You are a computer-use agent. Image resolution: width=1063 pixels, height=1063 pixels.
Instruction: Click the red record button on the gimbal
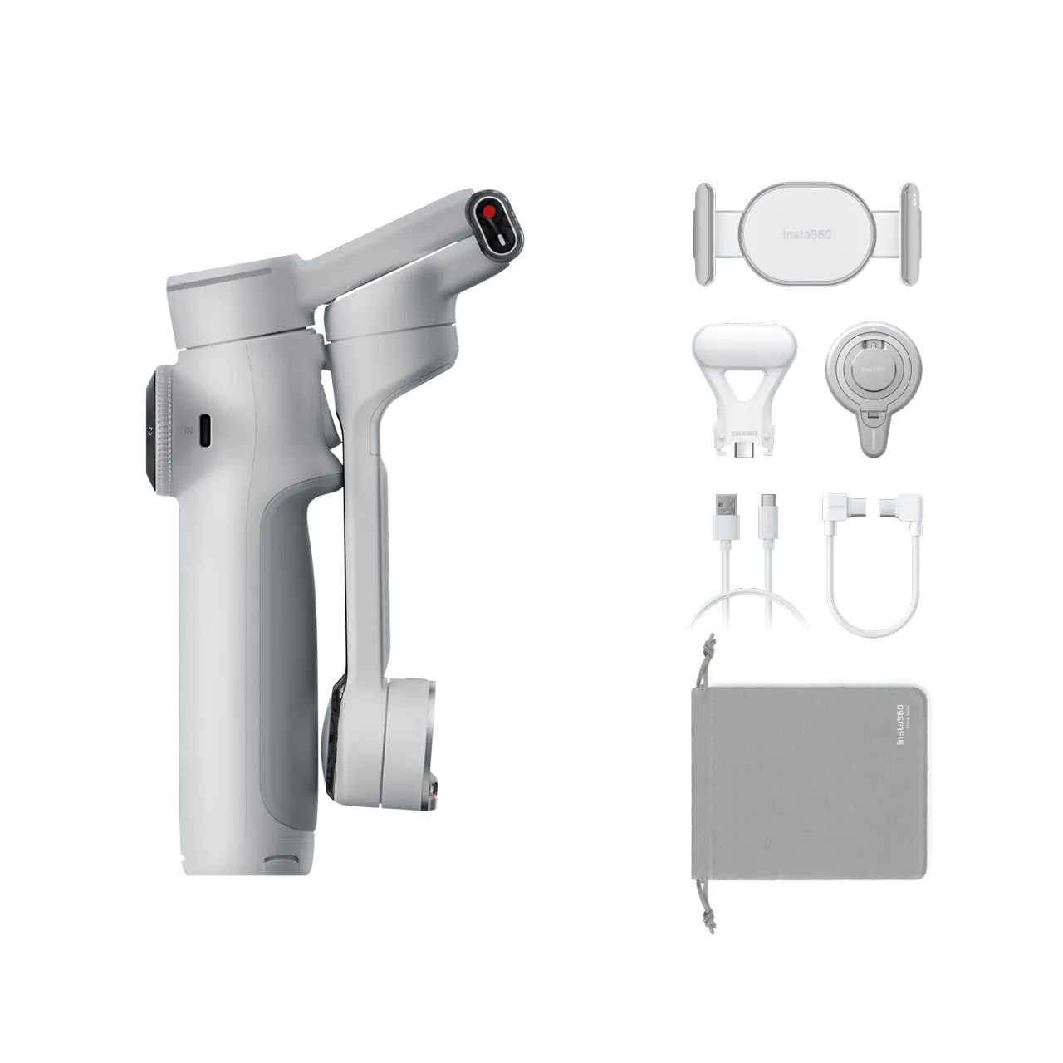pos(491,212)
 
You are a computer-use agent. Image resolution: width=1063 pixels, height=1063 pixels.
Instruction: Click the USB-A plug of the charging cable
pos(719,508)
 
